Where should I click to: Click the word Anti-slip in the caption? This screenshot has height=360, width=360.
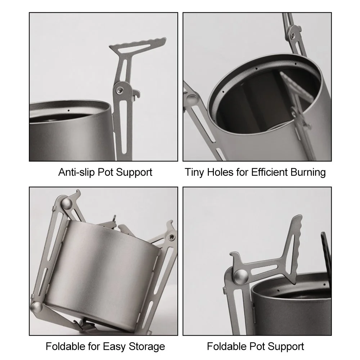[x=76, y=172]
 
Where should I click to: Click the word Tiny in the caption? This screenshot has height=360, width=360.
[x=194, y=172]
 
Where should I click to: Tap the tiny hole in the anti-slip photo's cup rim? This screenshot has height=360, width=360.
[x=68, y=111]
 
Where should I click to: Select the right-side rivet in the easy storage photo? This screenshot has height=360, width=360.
[x=172, y=237]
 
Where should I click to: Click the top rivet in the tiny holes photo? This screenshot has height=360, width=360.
[x=293, y=35]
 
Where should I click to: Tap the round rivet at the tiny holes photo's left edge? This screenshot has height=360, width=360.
[x=192, y=99]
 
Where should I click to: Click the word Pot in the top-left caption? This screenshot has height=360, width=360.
[x=105, y=172]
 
